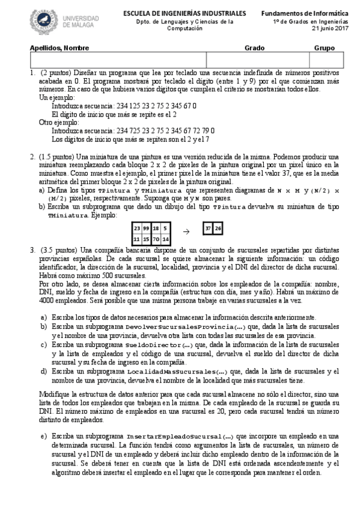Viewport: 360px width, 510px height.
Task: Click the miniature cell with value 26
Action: click(x=218, y=229)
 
